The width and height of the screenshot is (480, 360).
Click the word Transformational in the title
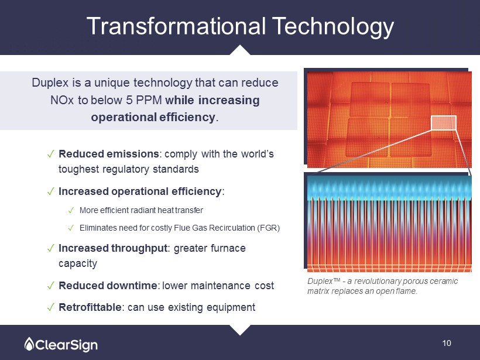tap(176, 26)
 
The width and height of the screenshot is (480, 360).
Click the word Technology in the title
tap(333, 27)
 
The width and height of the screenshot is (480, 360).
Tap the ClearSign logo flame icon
tap(29, 344)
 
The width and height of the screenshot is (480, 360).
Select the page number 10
tap(447, 343)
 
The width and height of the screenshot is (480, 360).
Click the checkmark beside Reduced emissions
tap(51, 154)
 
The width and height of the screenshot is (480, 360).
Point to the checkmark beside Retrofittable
tap(51, 307)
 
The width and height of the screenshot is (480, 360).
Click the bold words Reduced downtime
tap(108, 286)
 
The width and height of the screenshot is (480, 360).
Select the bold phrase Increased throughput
tap(113, 248)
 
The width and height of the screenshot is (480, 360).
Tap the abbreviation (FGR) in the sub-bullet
tap(269, 228)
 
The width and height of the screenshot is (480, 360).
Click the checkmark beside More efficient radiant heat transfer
tap(71, 210)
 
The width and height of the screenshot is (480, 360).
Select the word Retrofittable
tap(90, 307)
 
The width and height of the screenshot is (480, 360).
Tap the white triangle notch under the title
tap(240, 50)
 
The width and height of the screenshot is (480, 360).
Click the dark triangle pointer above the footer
tap(240, 330)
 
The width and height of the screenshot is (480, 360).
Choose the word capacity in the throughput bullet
tap(78, 263)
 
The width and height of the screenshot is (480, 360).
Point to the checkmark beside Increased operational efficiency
tap(51, 191)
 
